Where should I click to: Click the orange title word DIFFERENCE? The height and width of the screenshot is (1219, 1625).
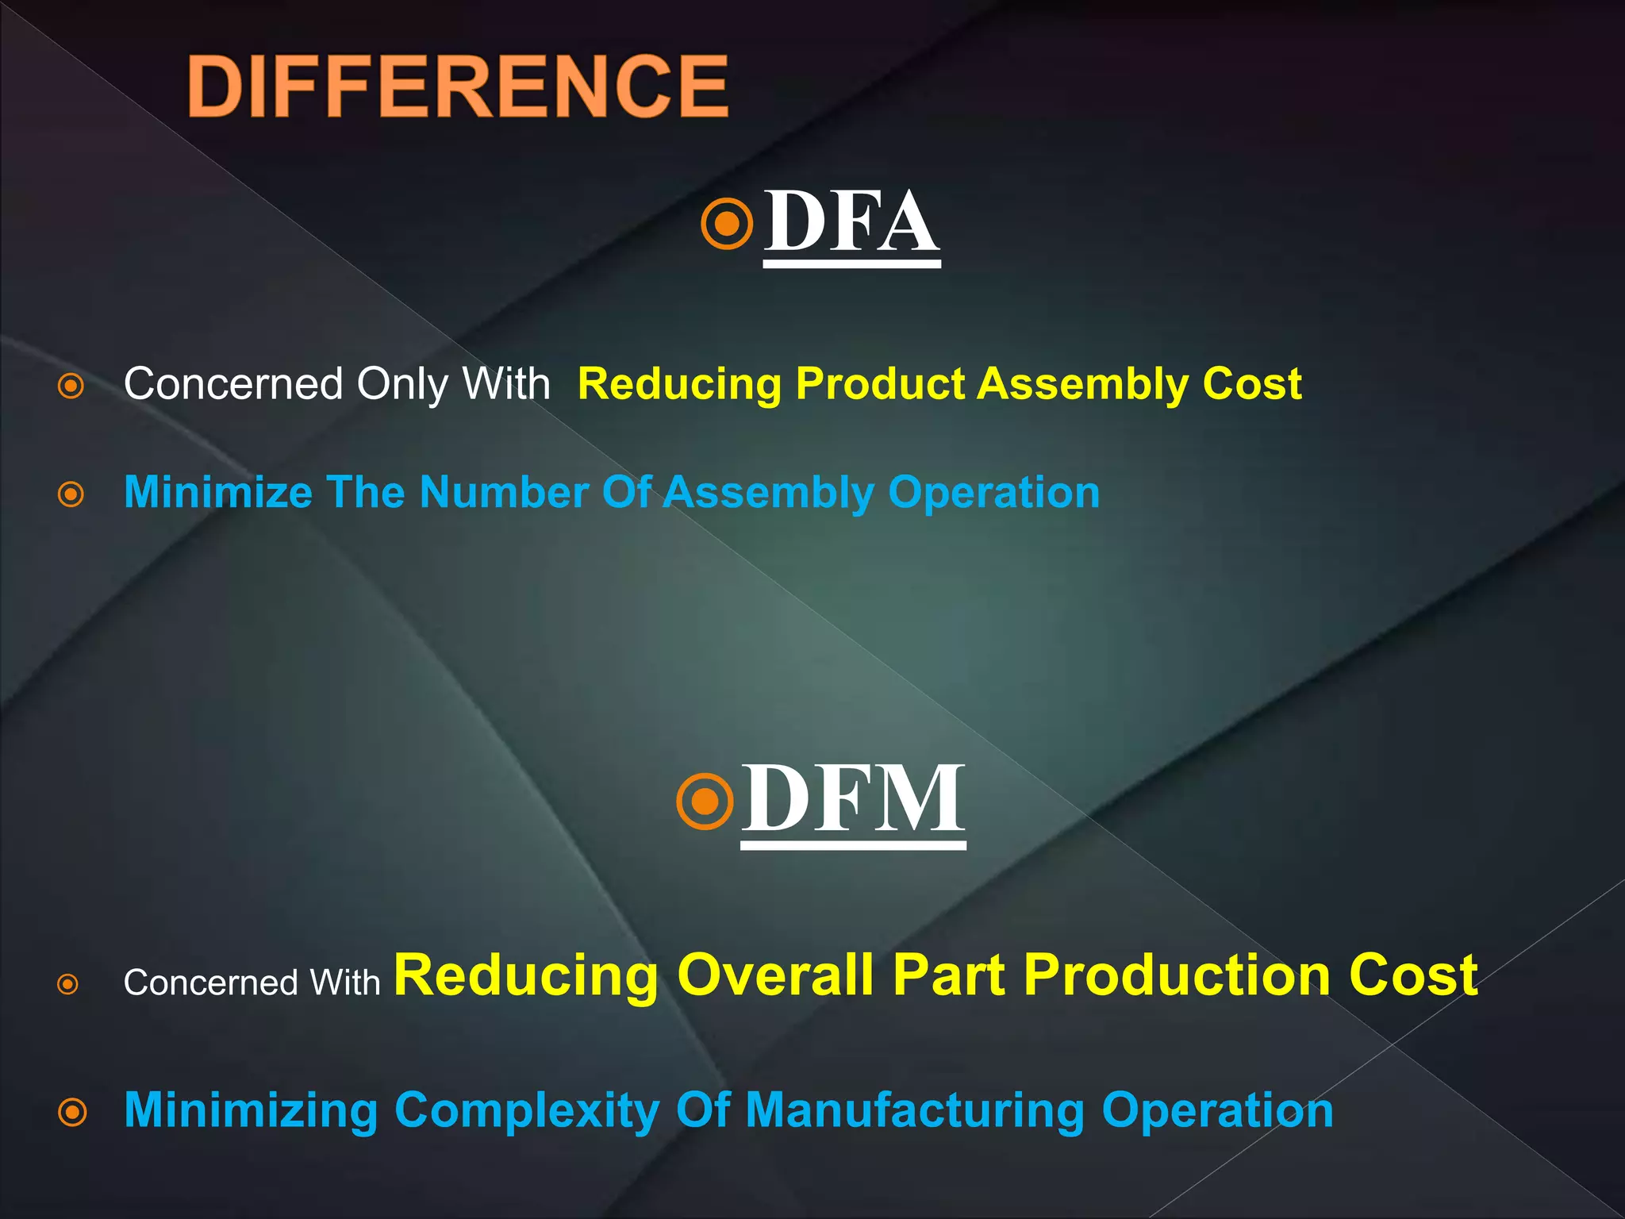tap(458, 87)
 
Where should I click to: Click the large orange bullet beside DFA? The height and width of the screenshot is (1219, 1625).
tap(727, 224)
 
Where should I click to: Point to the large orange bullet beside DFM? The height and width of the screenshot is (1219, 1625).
tap(705, 802)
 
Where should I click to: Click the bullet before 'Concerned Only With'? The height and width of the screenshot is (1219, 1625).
tap(71, 386)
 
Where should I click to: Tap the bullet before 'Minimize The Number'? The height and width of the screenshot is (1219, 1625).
tap(71, 494)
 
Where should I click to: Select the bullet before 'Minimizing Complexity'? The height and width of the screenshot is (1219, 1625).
tap(72, 1112)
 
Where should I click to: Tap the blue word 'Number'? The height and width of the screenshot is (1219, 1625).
tap(504, 493)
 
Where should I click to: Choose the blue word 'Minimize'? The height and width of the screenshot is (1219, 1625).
tap(218, 493)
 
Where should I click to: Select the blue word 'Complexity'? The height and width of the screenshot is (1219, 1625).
tap(527, 1110)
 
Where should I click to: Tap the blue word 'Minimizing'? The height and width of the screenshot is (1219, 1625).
tap(251, 1110)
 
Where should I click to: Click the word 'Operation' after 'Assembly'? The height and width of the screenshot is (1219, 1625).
tap(993, 493)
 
